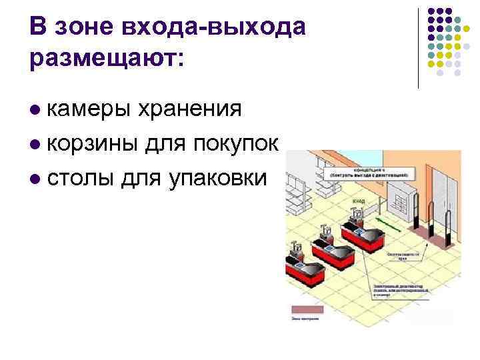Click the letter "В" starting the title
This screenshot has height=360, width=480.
pos(39,27)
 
